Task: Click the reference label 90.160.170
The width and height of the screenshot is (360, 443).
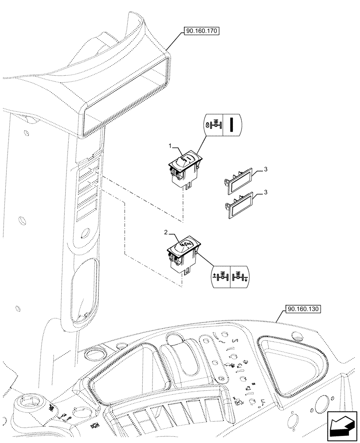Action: (201, 31)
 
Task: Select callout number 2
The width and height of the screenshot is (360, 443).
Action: (166, 233)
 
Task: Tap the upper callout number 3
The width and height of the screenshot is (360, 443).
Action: (266, 169)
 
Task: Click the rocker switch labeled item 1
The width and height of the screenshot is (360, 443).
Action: (185, 166)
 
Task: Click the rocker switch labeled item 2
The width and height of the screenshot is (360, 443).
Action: (184, 253)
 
